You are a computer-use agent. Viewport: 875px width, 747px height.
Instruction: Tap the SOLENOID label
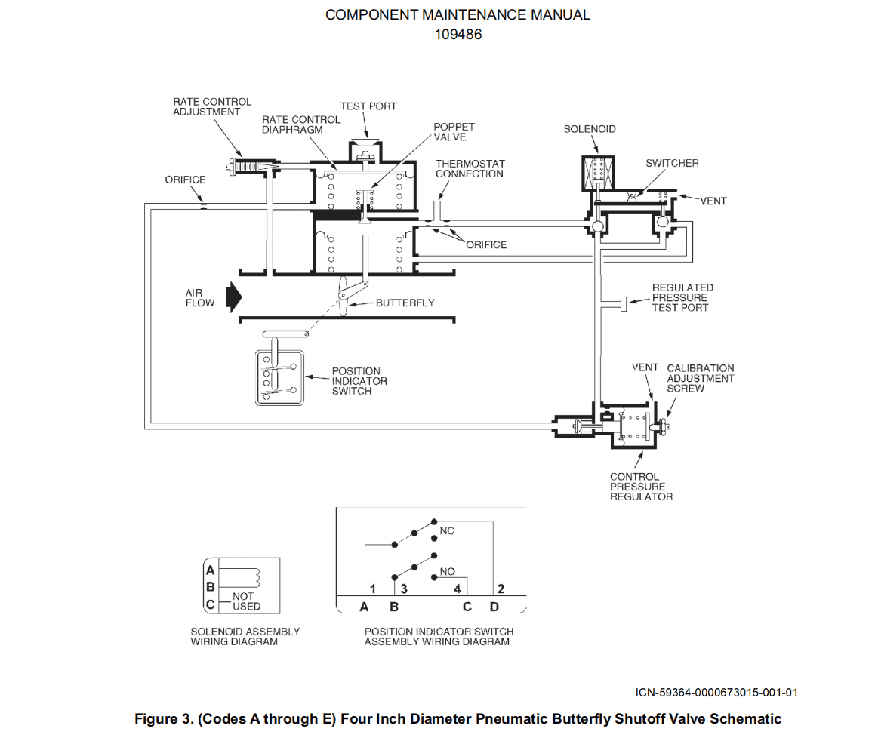[x=590, y=129]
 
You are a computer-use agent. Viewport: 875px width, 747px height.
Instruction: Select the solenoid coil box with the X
[x=598, y=173]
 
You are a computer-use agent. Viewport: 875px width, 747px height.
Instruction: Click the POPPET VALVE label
[x=454, y=131]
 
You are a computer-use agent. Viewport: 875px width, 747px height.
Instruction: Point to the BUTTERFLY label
[x=405, y=303]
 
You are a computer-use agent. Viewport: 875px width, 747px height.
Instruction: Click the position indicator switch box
[x=279, y=378]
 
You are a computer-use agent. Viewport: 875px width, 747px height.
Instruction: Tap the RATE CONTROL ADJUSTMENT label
[x=212, y=106]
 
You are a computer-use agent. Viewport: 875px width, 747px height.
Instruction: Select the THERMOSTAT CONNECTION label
[x=470, y=168]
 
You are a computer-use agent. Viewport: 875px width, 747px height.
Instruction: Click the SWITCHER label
[x=672, y=163]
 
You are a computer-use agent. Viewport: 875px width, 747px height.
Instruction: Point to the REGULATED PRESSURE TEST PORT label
[x=682, y=297]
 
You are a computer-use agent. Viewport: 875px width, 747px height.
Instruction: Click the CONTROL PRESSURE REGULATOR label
[x=641, y=487]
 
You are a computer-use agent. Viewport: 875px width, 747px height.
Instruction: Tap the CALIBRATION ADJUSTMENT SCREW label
[x=701, y=378]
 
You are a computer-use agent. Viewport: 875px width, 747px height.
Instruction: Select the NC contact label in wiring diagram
[x=447, y=530]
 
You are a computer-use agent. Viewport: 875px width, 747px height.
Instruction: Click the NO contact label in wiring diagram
[x=447, y=571]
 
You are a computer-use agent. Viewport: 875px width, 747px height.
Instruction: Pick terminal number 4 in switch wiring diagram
[x=457, y=589]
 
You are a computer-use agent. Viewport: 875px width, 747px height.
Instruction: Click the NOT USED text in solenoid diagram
[x=246, y=601]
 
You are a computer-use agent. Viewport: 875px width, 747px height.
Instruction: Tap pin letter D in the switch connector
[x=494, y=607]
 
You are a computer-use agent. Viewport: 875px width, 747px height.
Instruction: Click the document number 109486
[x=458, y=35]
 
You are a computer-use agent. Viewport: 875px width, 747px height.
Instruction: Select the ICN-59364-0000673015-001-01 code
[x=716, y=693]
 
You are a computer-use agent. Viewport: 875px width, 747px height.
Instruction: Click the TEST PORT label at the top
[x=368, y=106]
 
